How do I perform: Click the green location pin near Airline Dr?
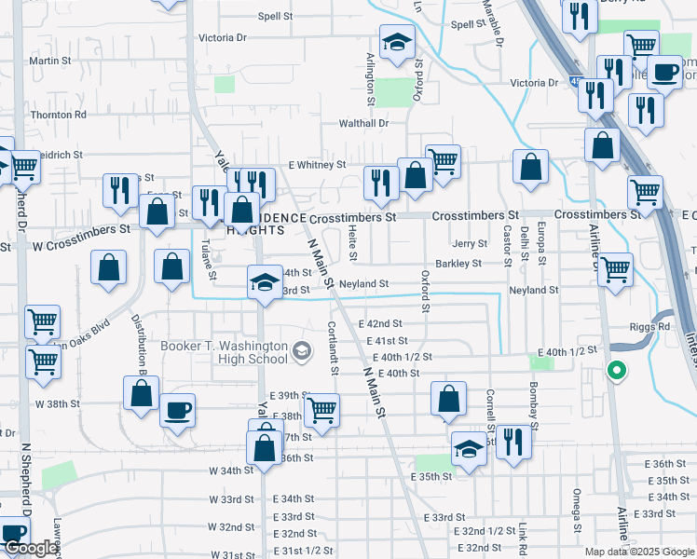pyautogui.click(x=615, y=371)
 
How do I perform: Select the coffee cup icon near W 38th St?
pyautogui.click(x=176, y=410)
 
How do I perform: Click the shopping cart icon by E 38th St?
pyautogui.click(x=321, y=410)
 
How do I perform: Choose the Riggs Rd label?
pyautogui.click(x=650, y=327)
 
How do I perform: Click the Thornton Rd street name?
pyautogui.click(x=58, y=115)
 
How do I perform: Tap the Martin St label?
pyautogui.click(x=50, y=61)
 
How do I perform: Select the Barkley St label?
pyautogui.click(x=458, y=264)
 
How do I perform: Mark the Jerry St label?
pyautogui.click(x=470, y=244)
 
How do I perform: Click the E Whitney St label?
pyautogui.click(x=317, y=165)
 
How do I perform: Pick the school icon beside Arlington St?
pyautogui.click(x=397, y=42)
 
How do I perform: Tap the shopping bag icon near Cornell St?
pyautogui.click(x=448, y=398)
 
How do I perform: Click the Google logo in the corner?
pyautogui.click(x=30, y=549)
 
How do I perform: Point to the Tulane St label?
pyautogui.click(x=206, y=253)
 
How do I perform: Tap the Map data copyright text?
pyautogui.click(x=638, y=552)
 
